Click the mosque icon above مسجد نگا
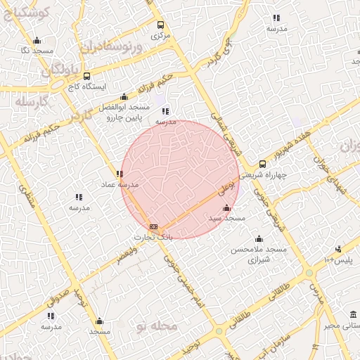click(37, 40)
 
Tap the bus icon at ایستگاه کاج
click(86, 76)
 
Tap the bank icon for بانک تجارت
click(153, 226)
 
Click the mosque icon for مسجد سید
click(226, 208)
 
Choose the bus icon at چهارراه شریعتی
click(262, 164)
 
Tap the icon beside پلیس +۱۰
click(338, 249)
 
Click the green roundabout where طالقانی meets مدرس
click(309, 273)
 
